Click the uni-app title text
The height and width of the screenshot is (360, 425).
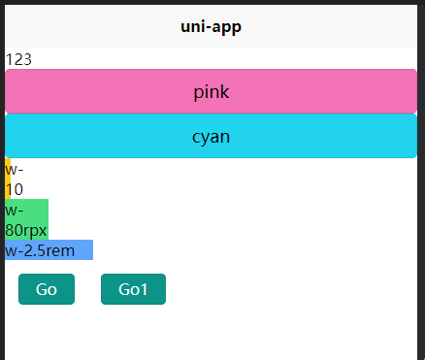(211, 26)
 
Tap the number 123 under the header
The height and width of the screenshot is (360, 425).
(18, 59)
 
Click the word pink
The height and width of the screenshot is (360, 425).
(211, 92)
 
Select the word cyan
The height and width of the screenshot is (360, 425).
(211, 137)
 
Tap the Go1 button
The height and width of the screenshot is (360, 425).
(133, 289)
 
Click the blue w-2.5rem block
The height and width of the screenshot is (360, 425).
(49, 250)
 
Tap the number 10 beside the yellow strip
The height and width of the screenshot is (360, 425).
(15, 189)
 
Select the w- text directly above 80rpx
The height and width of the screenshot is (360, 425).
(15, 210)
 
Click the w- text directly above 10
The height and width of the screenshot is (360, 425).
(15, 170)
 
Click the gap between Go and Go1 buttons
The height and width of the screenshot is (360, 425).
(87, 289)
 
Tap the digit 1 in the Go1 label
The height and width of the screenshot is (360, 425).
(145, 289)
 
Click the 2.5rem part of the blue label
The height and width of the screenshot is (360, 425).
(57, 250)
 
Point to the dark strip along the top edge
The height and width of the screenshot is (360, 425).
(211, 2)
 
